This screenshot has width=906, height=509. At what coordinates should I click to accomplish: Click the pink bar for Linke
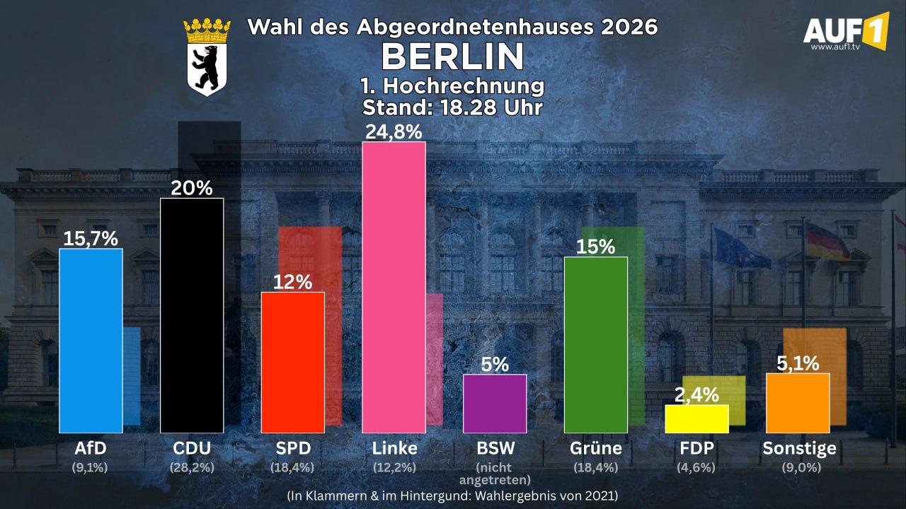point(394,287)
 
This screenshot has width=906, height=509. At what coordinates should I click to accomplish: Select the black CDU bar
point(192,315)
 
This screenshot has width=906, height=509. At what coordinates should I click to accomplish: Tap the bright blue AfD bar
point(91,341)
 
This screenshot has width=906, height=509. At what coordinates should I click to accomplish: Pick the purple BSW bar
point(495,404)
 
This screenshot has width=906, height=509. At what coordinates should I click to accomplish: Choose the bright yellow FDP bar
point(697,419)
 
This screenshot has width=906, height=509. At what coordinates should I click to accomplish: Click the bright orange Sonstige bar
point(798,403)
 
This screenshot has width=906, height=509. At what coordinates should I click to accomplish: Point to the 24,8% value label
point(394,132)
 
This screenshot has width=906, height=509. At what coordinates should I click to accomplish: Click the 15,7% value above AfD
point(91,238)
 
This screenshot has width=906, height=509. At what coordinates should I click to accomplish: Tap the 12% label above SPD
point(292,282)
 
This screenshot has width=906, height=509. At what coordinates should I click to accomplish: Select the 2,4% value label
point(697,395)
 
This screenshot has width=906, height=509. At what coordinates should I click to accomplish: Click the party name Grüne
point(596,448)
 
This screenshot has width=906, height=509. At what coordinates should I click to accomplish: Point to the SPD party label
point(293,448)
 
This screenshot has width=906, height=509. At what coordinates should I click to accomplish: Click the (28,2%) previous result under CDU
point(192,468)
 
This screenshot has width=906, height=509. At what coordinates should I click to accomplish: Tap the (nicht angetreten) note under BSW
point(495,474)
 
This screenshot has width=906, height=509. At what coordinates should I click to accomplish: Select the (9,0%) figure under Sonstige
point(801,468)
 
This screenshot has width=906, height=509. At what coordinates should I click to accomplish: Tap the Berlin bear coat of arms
point(207,57)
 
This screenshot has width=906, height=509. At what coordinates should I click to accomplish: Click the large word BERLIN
point(452,57)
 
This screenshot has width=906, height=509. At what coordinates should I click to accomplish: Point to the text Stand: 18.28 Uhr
point(452,107)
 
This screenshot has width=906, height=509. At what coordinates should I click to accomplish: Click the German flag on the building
point(827,242)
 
